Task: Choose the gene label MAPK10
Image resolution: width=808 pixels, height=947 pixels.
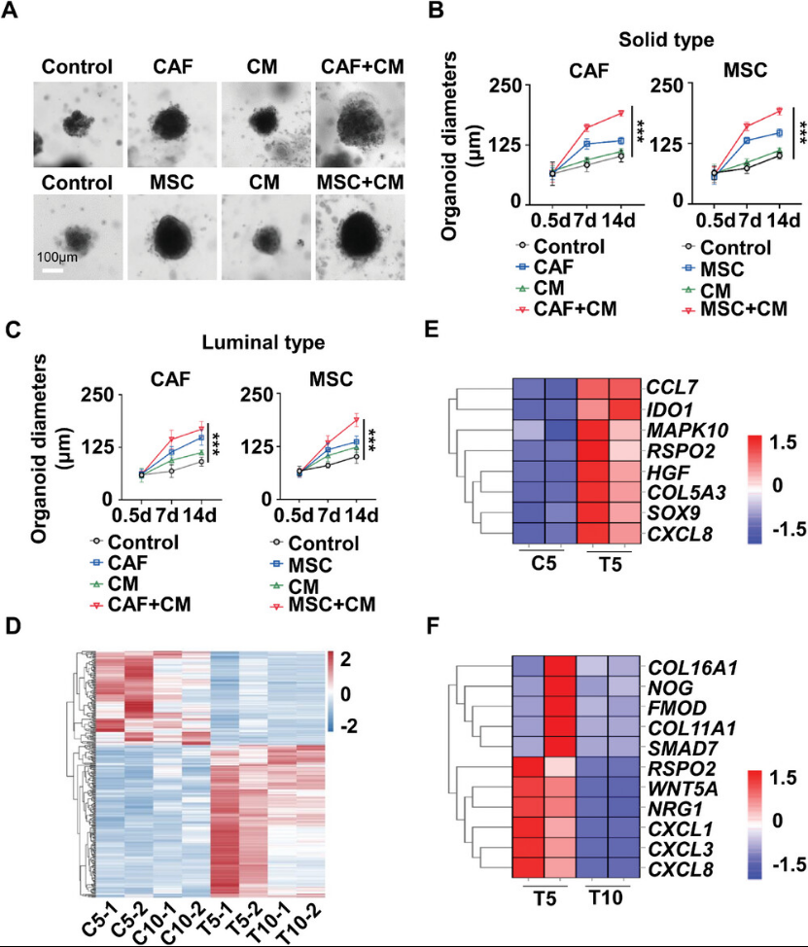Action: pyautogui.click(x=681, y=428)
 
